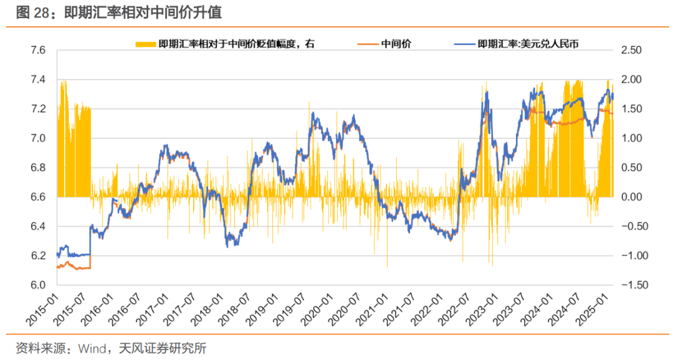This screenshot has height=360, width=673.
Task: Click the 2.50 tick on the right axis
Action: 635,50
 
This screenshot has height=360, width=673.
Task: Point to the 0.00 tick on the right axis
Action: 635,197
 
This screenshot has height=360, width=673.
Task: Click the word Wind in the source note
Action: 92,348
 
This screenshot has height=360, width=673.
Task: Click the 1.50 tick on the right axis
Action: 635,109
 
